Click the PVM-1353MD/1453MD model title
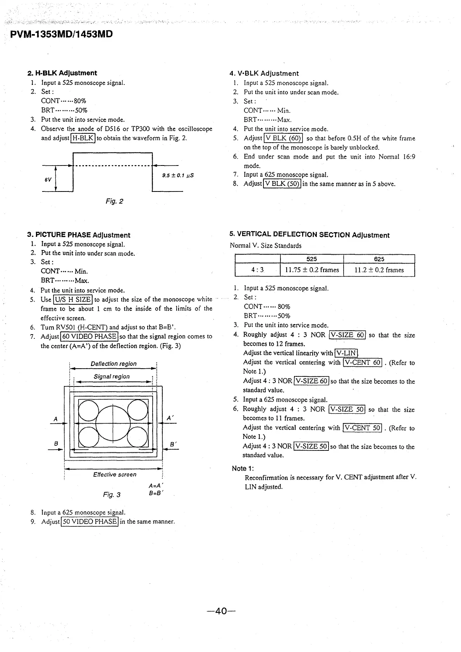(62, 34)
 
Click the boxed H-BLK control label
(83, 138)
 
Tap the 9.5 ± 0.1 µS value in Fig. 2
(178, 175)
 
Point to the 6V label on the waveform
(47, 180)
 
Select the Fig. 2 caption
(114, 201)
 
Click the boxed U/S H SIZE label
(73, 299)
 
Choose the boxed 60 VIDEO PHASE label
(89, 336)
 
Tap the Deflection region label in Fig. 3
(114, 364)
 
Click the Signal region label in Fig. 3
(112, 376)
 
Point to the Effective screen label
(115, 474)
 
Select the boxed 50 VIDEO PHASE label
(89, 521)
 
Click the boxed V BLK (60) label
(282, 138)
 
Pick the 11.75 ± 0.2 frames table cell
(312, 270)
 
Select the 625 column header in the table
(379, 259)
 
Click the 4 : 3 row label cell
(257, 270)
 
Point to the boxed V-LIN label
(347, 353)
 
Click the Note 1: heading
(243, 468)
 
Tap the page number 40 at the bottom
(221, 611)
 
